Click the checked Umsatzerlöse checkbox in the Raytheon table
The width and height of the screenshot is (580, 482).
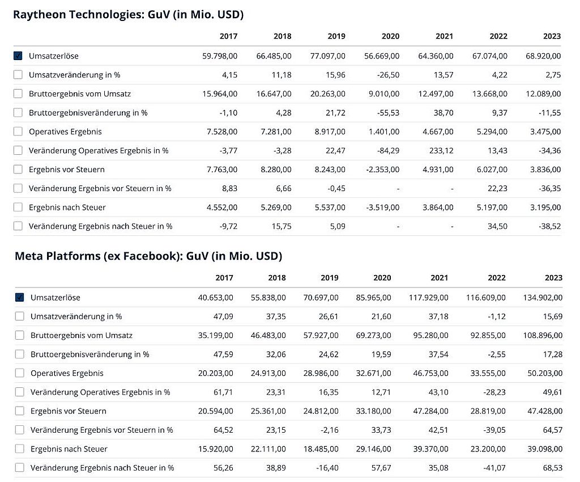[18, 56]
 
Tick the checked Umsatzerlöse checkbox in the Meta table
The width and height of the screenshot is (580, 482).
[20, 298]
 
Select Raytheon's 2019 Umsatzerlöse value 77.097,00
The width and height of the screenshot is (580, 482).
[329, 56]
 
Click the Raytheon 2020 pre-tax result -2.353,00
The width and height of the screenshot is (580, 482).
[382, 170]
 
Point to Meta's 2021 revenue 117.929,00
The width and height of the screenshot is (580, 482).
[428, 298]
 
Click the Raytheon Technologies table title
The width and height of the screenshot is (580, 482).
[128, 15]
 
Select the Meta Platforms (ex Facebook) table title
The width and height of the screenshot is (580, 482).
[148, 256]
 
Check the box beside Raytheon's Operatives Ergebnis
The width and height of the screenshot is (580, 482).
[18, 132]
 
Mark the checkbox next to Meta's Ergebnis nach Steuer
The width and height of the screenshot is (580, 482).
[20, 449]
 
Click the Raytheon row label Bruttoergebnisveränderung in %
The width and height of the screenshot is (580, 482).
[88, 113]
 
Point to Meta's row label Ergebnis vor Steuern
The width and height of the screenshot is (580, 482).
[68, 411]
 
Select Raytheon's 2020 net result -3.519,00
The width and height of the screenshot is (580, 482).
[382, 208]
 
